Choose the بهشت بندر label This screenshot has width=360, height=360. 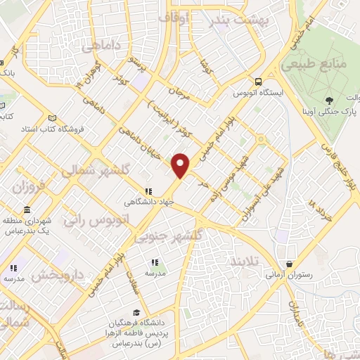click(x=238, y=19)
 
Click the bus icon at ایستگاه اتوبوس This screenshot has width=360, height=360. click(x=259, y=82)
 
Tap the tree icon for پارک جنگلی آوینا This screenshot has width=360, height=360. click(x=328, y=101)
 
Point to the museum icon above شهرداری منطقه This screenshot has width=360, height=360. click(x=27, y=210)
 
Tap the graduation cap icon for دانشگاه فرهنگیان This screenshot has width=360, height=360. click(x=136, y=314)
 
